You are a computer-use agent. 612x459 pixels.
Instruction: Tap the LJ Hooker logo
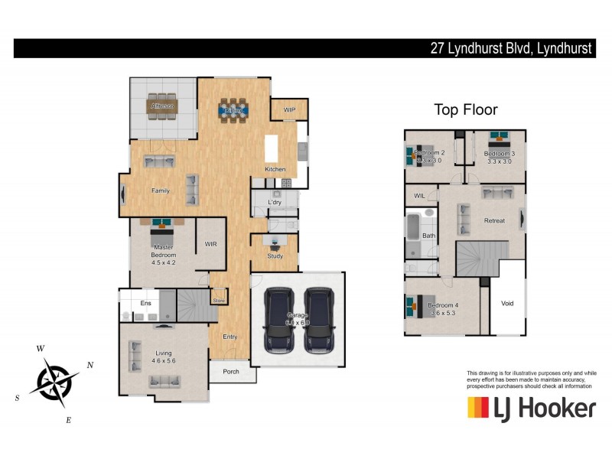coord(531,408)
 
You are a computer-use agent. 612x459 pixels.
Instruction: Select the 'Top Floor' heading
coord(466,109)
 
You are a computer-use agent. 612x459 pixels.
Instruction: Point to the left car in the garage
coord(278,319)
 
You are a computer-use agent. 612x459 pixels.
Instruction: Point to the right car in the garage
coord(318,319)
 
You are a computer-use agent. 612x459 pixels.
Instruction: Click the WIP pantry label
coord(289,110)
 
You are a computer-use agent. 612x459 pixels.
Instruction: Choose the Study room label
coord(275,256)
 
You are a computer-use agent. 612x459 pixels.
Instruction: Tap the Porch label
coord(231,372)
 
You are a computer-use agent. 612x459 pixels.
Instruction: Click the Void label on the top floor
coord(507,304)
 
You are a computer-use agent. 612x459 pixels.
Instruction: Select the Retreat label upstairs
coord(494,221)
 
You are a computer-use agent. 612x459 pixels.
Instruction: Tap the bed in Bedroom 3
coord(499,142)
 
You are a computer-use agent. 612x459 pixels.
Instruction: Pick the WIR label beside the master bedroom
coord(211,245)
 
